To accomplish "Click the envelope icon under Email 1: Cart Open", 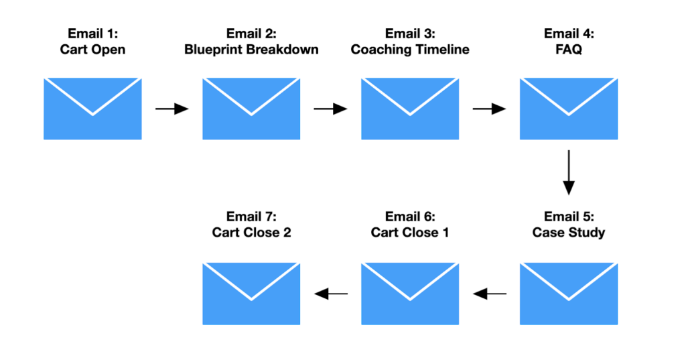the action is coord(92,109).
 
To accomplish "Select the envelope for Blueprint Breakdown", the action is coord(251,109).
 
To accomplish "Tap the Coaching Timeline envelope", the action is coord(410,109).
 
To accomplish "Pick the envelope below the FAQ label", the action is coord(569,109).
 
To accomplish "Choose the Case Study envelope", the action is coord(569,294).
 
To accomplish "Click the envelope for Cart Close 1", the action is coord(410,294).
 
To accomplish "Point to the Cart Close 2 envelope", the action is coord(251,294).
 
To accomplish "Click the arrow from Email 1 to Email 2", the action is coord(172,109).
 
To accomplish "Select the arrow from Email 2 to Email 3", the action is coord(331,109).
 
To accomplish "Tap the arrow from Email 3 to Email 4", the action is coord(490,109).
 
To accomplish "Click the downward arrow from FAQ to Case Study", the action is coord(569,172).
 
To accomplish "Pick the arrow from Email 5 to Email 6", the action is coord(490,294).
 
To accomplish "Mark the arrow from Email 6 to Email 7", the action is coord(331,294).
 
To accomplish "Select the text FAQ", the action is coord(569,50).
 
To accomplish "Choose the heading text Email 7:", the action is coord(251,217).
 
